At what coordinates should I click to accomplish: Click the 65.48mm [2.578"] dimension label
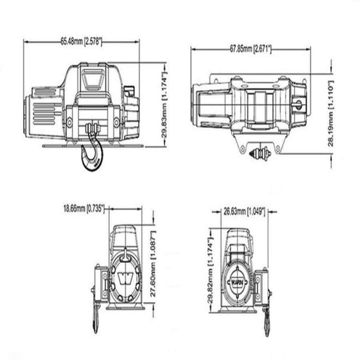pos(81,41)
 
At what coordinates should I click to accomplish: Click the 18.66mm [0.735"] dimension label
pos(84,209)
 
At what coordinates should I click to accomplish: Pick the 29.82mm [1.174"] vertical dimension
pos(211,268)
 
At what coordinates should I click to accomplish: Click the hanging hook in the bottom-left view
pos(96,318)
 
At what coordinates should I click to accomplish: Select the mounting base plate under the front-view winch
pos(93,145)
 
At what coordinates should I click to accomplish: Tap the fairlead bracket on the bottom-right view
pos(262,287)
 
